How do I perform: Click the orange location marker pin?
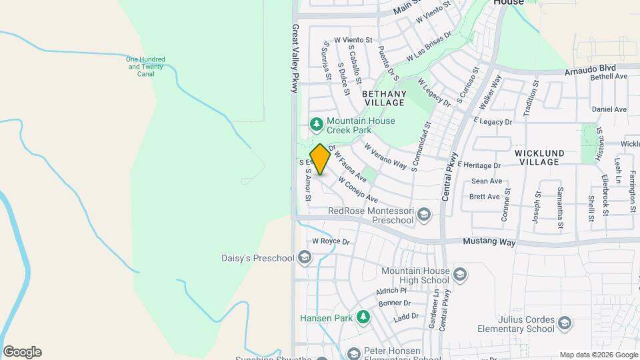tap(321, 159)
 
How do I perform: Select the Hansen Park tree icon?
tap(363, 318)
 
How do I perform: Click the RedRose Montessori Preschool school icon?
tap(425, 214)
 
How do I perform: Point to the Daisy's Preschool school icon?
tap(304, 258)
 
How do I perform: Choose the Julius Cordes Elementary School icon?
tap(565, 323)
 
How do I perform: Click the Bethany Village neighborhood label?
tap(383, 99)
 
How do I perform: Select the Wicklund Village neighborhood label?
tap(539, 157)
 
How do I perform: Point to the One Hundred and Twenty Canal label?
tap(146, 67)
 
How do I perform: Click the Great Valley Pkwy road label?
tap(295, 59)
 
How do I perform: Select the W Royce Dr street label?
tap(331, 241)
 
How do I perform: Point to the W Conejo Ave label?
tap(358, 190)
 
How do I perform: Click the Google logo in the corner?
tap(22, 352)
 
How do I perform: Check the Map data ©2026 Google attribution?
tap(598, 355)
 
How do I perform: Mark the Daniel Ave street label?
tap(609, 109)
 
